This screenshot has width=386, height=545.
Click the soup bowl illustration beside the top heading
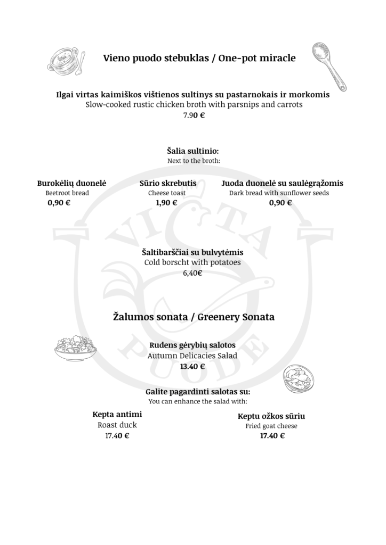coord(66,60)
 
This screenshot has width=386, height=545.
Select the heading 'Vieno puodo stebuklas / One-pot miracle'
coord(199,57)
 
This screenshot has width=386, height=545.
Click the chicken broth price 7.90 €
coord(194,115)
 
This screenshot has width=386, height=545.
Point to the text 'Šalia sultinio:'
coord(192,151)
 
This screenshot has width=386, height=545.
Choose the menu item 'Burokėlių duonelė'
coord(71,183)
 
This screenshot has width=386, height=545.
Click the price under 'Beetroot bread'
coord(59,202)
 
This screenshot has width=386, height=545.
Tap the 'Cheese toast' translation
coord(166,193)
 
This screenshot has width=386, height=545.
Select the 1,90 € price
coord(166,202)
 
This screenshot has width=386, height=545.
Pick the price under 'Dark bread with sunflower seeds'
coord(280,202)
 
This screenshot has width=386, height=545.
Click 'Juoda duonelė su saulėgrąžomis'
coord(282,183)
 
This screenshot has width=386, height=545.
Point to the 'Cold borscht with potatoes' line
coord(192,262)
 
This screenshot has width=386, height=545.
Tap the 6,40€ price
coord(192,273)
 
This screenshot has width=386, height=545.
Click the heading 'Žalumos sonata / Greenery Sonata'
coord(194,317)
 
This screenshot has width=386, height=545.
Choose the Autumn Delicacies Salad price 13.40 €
coord(192,366)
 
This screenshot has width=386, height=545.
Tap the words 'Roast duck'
coord(117,425)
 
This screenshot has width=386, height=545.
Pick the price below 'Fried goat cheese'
coord(272,436)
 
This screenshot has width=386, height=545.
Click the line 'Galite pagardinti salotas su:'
coord(197,392)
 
